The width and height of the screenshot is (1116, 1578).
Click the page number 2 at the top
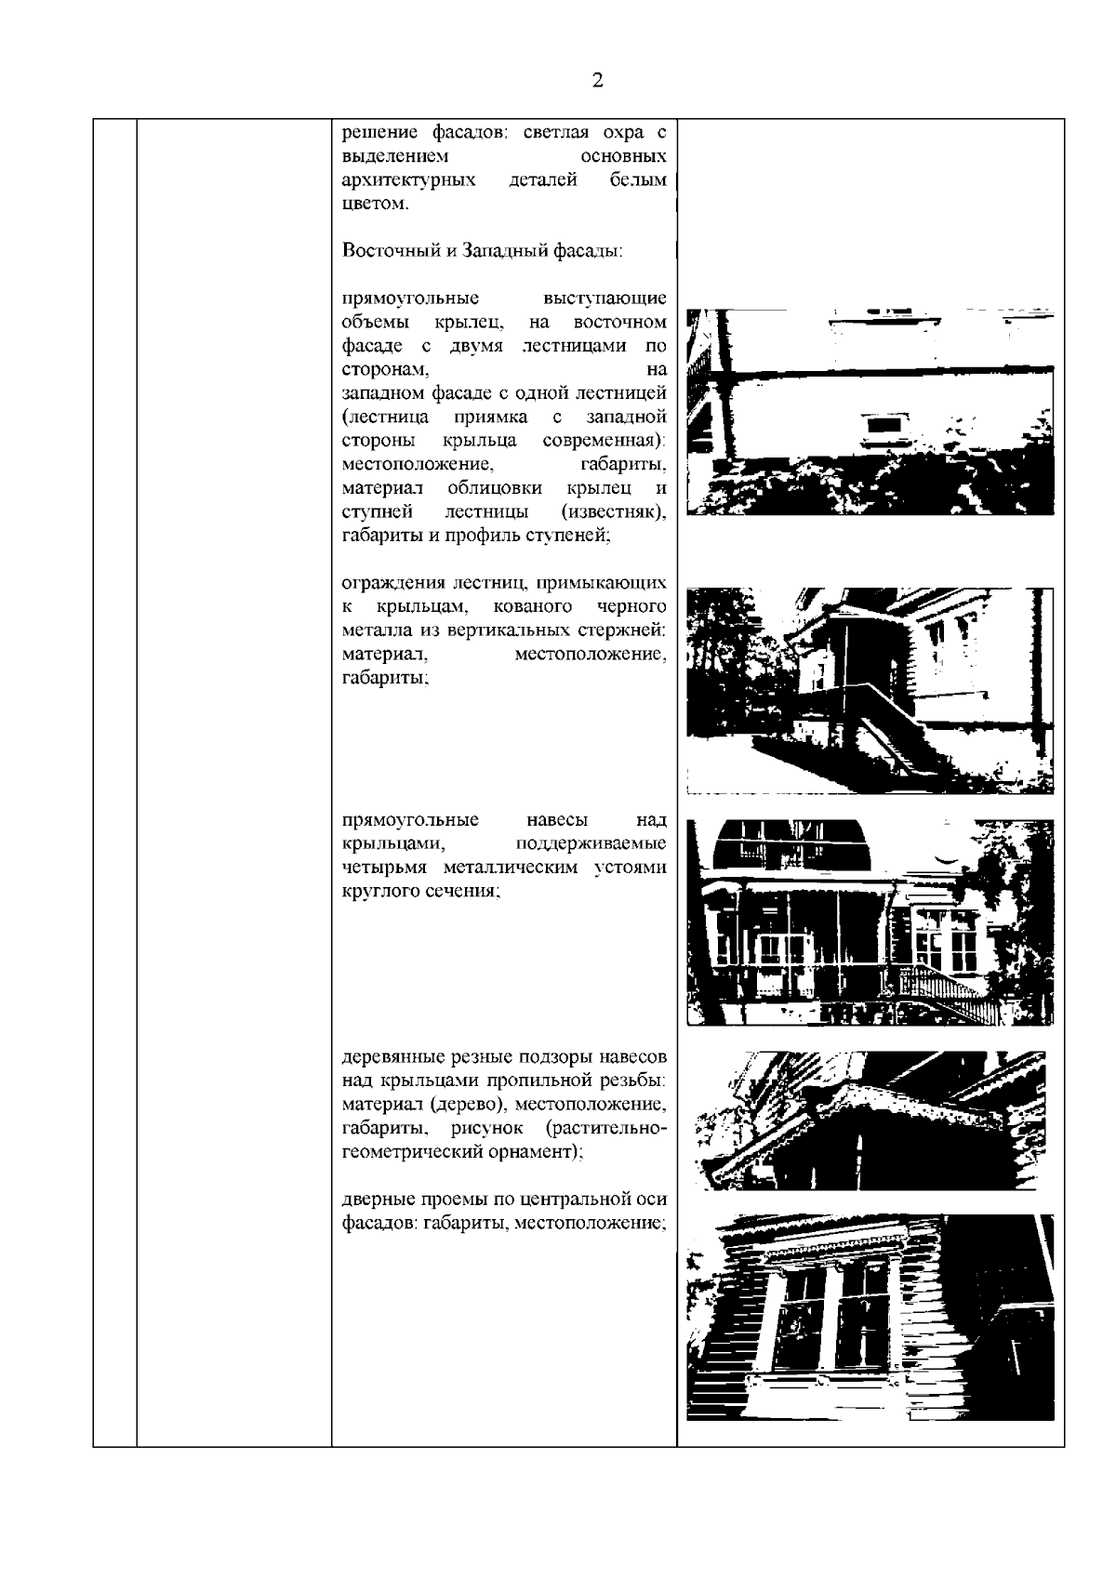[x=597, y=80]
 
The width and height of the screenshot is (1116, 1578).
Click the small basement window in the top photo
[x=882, y=425]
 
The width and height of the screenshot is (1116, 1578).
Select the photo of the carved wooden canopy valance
[x=869, y=1119]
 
